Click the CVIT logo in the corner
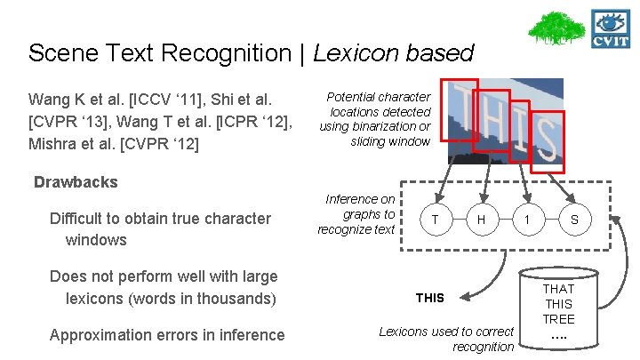pos(611,28)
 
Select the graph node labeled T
pos(434,218)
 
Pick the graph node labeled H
pos(480,218)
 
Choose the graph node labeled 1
pos(527,218)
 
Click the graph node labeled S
pos(573,218)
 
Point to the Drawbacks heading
pos(76,182)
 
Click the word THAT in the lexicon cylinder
pos(558,289)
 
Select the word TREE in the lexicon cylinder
pos(558,319)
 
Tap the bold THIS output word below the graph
pos(430,298)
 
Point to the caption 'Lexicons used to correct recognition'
pos(446,339)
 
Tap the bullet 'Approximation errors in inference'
pos(167,335)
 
